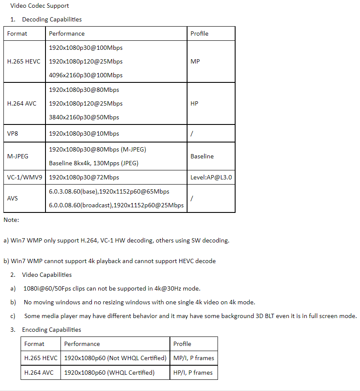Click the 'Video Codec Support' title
39,6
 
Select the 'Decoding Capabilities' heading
51,19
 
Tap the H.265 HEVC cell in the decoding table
24,61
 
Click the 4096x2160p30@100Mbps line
86,75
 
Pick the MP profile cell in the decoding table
195,61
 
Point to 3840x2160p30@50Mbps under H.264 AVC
84,117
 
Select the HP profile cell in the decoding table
194,103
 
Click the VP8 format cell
13,133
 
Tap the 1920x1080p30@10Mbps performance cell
84,133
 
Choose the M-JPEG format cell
18,156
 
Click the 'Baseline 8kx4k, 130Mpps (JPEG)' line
94,163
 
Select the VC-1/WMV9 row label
24,177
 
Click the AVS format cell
12,198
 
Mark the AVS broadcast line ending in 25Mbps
116,205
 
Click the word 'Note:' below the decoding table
11,220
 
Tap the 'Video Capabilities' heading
47,275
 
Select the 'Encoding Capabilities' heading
51,330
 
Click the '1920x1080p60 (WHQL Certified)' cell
109,373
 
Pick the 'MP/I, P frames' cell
194,358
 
